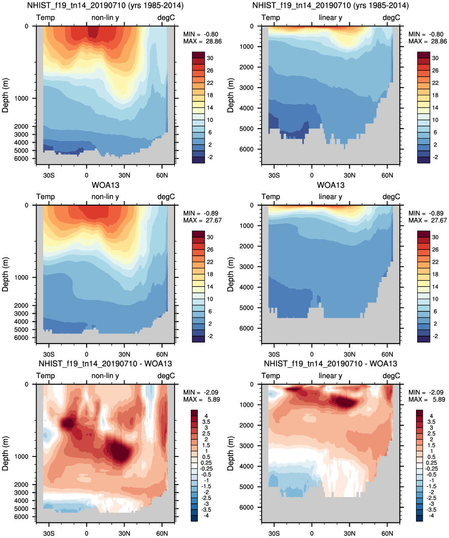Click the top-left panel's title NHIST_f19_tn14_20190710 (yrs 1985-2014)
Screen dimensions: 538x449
tap(105, 6)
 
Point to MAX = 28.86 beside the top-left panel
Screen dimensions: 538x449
tap(202, 41)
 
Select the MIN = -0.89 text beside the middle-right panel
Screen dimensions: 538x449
tap(426, 213)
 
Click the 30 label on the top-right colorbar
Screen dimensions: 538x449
tap(435, 58)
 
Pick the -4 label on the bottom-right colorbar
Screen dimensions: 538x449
tap(432, 515)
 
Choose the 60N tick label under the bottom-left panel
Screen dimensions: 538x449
tap(162, 533)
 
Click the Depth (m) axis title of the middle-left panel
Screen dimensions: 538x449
tap(5, 274)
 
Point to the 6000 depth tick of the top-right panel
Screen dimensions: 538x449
tap(246, 149)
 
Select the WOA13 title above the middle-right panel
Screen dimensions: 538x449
tap(331, 185)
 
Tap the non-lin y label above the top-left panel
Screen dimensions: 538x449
tap(105, 18)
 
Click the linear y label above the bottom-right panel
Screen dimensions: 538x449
tap(330, 375)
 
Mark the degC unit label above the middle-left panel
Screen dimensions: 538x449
tap(166, 197)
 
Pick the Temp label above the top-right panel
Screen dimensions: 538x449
tap(271, 18)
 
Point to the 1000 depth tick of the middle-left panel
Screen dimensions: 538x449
tap(21, 277)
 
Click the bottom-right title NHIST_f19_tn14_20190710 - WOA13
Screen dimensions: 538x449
tap(331, 364)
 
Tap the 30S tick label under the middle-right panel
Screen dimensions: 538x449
tap(274, 354)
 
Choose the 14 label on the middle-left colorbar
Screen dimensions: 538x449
tap(210, 286)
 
